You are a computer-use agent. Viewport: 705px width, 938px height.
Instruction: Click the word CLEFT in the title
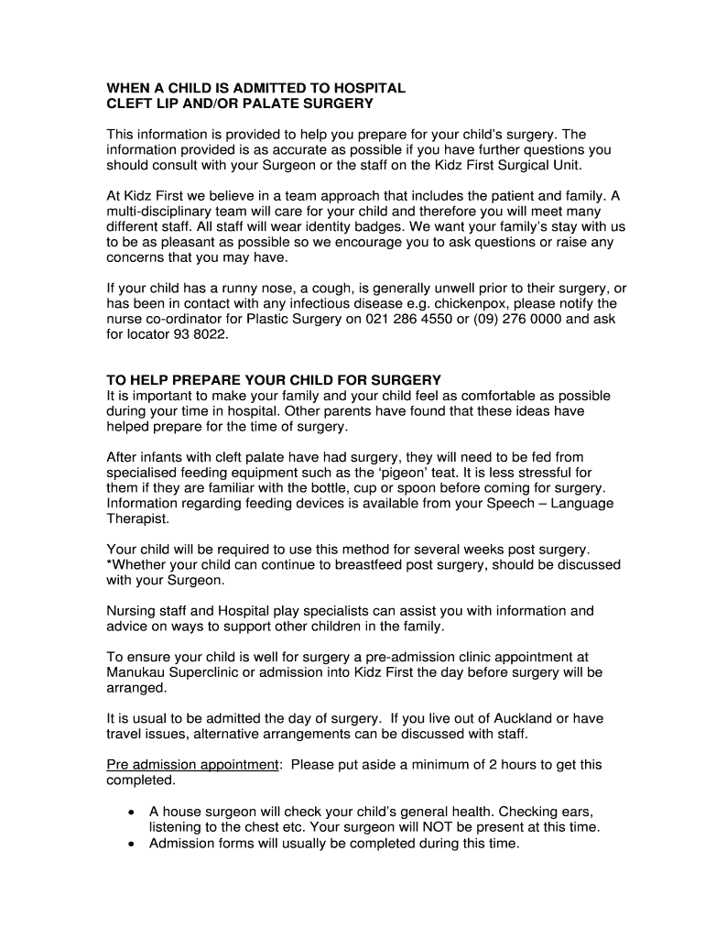[x=129, y=104]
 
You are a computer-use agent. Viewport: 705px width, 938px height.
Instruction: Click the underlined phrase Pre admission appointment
[x=192, y=765]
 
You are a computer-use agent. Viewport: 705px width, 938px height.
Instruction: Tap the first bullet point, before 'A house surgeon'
[x=133, y=812]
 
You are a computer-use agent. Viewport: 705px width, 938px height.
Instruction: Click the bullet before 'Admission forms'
[x=133, y=844]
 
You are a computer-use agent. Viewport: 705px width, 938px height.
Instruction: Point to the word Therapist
[x=137, y=518]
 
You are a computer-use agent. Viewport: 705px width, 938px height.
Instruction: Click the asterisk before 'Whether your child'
[x=110, y=565]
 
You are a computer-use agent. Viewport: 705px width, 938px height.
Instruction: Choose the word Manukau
[x=137, y=672]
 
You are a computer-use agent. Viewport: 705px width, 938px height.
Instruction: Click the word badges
[x=380, y=226]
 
